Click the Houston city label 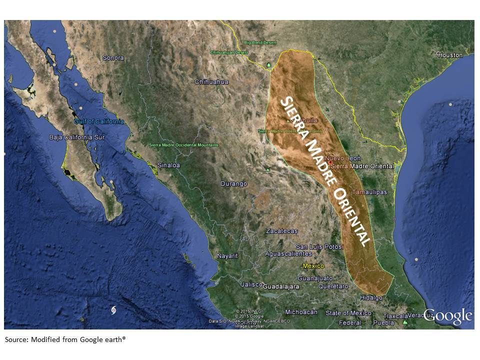click(450, 55)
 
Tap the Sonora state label click(113, 58)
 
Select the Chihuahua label click(211, 82)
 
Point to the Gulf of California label click(99, 121)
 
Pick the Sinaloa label click(168, 165)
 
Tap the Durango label click(234, 184)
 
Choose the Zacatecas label click(282, 231)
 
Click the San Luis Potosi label click(320, 247)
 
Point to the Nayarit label click(227, 256)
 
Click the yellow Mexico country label click(313, 266)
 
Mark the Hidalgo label click(371, 297)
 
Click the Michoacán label click(301, 312)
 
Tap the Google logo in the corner click(447, 316)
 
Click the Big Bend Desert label click(259, 43)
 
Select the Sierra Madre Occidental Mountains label click(183, 145)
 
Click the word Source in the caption click(16, 339)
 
